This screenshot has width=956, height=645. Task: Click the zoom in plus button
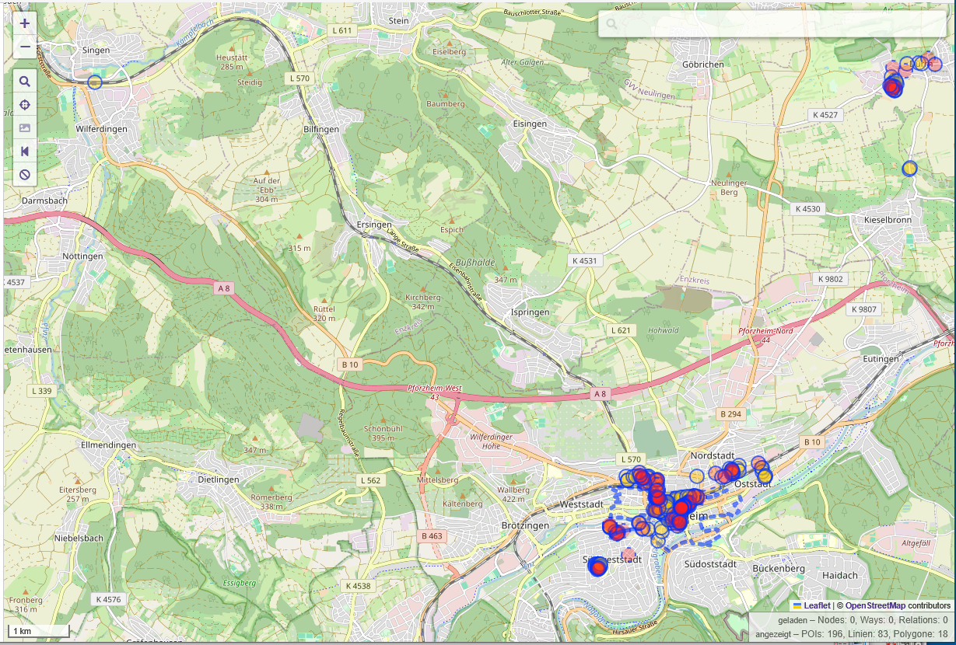click(x=25, y=24)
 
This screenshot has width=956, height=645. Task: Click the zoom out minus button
click(x=25, y=47)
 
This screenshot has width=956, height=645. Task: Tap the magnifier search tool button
click(x=25, y=81)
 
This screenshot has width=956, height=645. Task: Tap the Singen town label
click(x=96, y=50)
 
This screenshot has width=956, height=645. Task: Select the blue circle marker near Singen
click(x=95, y=82)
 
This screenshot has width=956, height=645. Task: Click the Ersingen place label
click(x=374, y=225)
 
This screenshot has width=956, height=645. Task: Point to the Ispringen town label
click(x=530, y=312)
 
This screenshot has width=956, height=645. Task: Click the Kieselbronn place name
click(x=888, y=220)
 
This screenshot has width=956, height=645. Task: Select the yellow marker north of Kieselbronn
click(x=909, y=168)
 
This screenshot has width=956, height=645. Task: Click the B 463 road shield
click(x=432, y=535)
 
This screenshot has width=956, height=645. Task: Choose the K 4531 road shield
click(x=583, y=260)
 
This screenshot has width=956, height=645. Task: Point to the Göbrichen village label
click(x=702, y=64)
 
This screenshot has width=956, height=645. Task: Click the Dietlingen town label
click(x=219, y=479)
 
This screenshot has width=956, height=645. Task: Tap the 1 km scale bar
click(x=39, y=631)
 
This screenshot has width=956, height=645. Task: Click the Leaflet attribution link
click(x=817, y=605)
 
